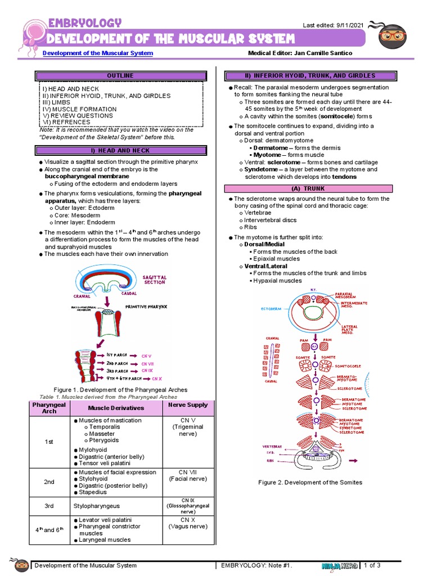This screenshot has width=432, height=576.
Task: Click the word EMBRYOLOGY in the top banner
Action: tap(84, 22)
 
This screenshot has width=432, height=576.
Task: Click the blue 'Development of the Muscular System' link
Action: tap(98, 53)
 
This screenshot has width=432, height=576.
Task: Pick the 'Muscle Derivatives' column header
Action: tap(116, 408)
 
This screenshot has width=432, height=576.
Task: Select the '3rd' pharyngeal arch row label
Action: tap(49, 506)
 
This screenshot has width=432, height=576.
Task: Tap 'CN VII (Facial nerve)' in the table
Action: tap(188, 475)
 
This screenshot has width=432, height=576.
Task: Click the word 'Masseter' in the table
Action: tap(102, 434)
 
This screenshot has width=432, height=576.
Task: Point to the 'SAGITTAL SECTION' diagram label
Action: tap(155, 280)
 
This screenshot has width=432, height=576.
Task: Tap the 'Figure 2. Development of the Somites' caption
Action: tap(310, 483)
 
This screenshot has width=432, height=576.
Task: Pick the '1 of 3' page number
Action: tap(373, 565)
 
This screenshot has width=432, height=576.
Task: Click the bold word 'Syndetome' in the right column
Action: tap(262, 169)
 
